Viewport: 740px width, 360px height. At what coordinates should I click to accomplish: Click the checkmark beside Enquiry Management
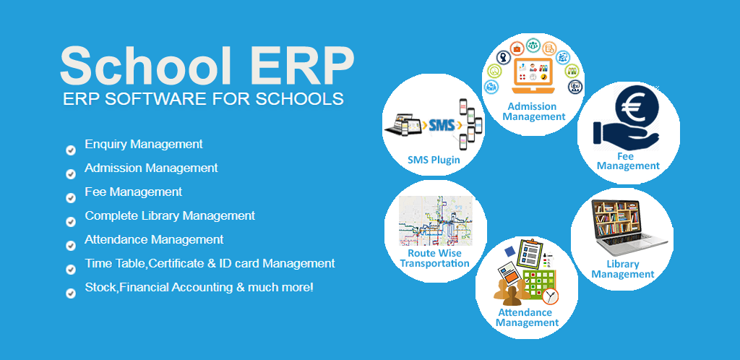coord(71,150)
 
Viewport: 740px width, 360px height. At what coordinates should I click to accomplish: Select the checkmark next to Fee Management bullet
coord(71,198)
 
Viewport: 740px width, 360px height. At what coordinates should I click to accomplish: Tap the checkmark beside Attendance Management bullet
coord(71,246)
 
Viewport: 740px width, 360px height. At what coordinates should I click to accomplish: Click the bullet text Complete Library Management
coord(170,215)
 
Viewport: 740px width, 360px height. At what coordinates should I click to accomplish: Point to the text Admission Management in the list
coord(151,168)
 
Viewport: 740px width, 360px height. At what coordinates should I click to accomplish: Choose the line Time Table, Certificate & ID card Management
coord(210,263)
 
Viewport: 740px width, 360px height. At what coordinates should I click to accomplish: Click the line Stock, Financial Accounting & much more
coord(199,287)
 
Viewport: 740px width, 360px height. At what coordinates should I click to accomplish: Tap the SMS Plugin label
coord(434,160)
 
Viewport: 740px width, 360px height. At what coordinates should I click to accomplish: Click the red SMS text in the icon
coord(442,125)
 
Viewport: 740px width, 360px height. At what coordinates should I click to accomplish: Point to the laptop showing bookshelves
coord(622,224)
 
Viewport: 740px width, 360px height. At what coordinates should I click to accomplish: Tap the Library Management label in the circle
coord(622,269)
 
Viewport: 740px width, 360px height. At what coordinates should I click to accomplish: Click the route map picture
coord(436,220)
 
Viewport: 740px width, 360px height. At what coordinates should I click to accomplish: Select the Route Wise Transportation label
coord(434,258)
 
